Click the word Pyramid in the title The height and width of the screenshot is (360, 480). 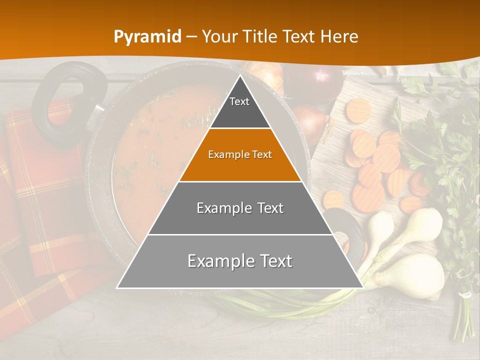tap(147, 37)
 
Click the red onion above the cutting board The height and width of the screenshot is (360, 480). tap(320, 80)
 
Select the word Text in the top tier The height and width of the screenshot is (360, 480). tap(239, 101)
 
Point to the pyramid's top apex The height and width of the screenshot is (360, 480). tap(240, 76)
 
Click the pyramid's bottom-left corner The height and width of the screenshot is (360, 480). tap(117, 287)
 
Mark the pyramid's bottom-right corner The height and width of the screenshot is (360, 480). tap(362, 287)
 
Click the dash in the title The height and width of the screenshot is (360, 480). tap(191, 37)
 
